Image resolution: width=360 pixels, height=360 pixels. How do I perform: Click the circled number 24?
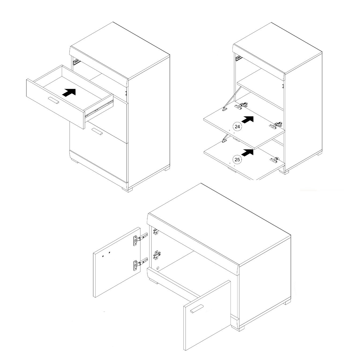click(237, 127)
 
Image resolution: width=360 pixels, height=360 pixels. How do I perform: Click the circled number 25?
click(237, 160)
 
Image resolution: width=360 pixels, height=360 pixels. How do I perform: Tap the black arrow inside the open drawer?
click(69, 93)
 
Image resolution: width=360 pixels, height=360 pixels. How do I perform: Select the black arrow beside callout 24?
click(247, 119)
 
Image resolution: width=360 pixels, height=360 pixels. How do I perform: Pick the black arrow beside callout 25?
click(247, 152)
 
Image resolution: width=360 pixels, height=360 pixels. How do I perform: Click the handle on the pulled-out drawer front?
click(53, 100)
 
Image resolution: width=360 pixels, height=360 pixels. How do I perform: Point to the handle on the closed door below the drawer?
click(97, 131)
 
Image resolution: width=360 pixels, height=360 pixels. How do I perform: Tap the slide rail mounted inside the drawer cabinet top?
click(76, 62)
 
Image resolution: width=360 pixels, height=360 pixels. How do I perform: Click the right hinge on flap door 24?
click(275, 125)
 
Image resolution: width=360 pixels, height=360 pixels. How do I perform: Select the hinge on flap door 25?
click(274, 160)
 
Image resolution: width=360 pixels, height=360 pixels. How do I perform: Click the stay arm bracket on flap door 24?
click(225, 109)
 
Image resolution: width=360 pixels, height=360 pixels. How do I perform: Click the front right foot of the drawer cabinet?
click(127, 190)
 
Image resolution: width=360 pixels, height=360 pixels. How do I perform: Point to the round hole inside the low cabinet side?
click(158, 268)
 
